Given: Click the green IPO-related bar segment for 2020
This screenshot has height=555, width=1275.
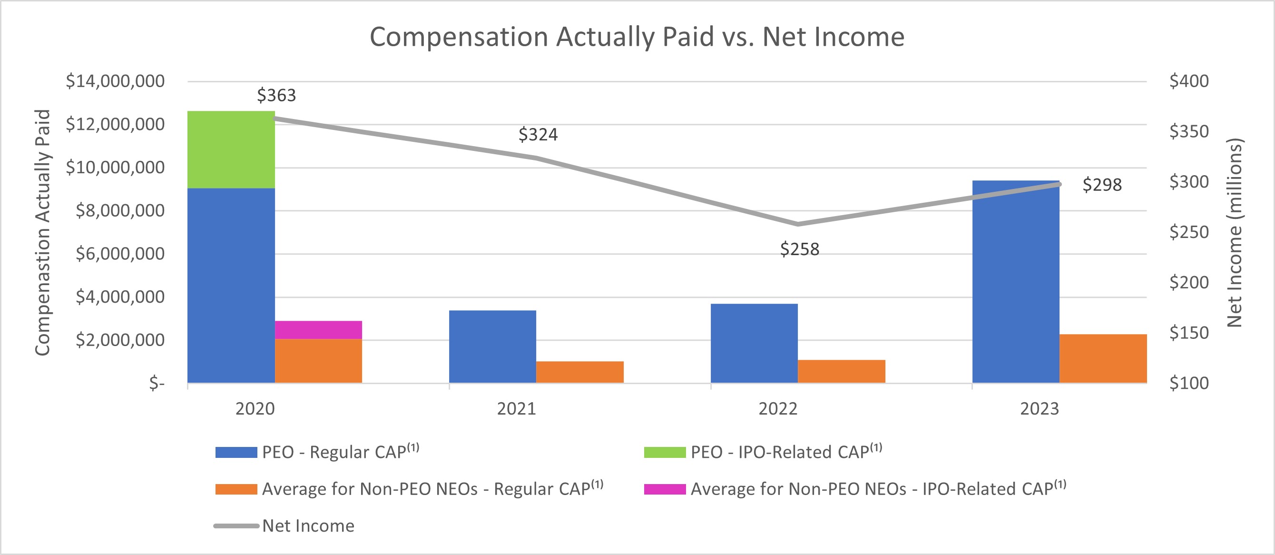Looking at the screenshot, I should tap(231, 149).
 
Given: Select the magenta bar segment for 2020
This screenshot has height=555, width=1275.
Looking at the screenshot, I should tap(318, 330).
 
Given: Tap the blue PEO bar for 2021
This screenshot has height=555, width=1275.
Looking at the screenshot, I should tap(492, 347).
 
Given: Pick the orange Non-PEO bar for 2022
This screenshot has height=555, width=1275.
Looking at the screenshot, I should tap(842, 371).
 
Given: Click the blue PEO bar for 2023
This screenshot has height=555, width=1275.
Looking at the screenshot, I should tap(1016, 282).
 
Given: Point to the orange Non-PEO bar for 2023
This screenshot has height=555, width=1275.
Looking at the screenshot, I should tap(1103, 358).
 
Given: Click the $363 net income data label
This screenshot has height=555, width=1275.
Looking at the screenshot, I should tap(276, 95).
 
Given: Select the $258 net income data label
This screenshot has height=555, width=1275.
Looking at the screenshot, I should tap(799, 249).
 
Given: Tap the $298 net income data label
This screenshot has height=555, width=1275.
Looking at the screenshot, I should tap(1102, 185).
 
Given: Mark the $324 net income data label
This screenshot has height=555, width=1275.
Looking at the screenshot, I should tap(538, 135).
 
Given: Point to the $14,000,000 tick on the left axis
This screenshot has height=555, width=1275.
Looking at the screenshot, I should tap(115, 81).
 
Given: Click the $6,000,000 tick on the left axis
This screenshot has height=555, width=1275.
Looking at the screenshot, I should tap(120, 254).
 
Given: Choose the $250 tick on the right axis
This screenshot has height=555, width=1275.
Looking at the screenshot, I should tap(1188, 232).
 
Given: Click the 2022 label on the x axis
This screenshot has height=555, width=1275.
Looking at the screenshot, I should tap(777, 409).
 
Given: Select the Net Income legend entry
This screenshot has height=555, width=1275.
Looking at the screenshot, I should tap(308, 526).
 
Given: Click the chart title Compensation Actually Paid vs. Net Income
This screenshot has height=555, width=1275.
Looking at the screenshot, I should tap(637, 37).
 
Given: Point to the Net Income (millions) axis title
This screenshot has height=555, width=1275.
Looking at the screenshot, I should tap(1235, 233).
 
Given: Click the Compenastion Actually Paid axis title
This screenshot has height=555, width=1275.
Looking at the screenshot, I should tap(43, 233).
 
